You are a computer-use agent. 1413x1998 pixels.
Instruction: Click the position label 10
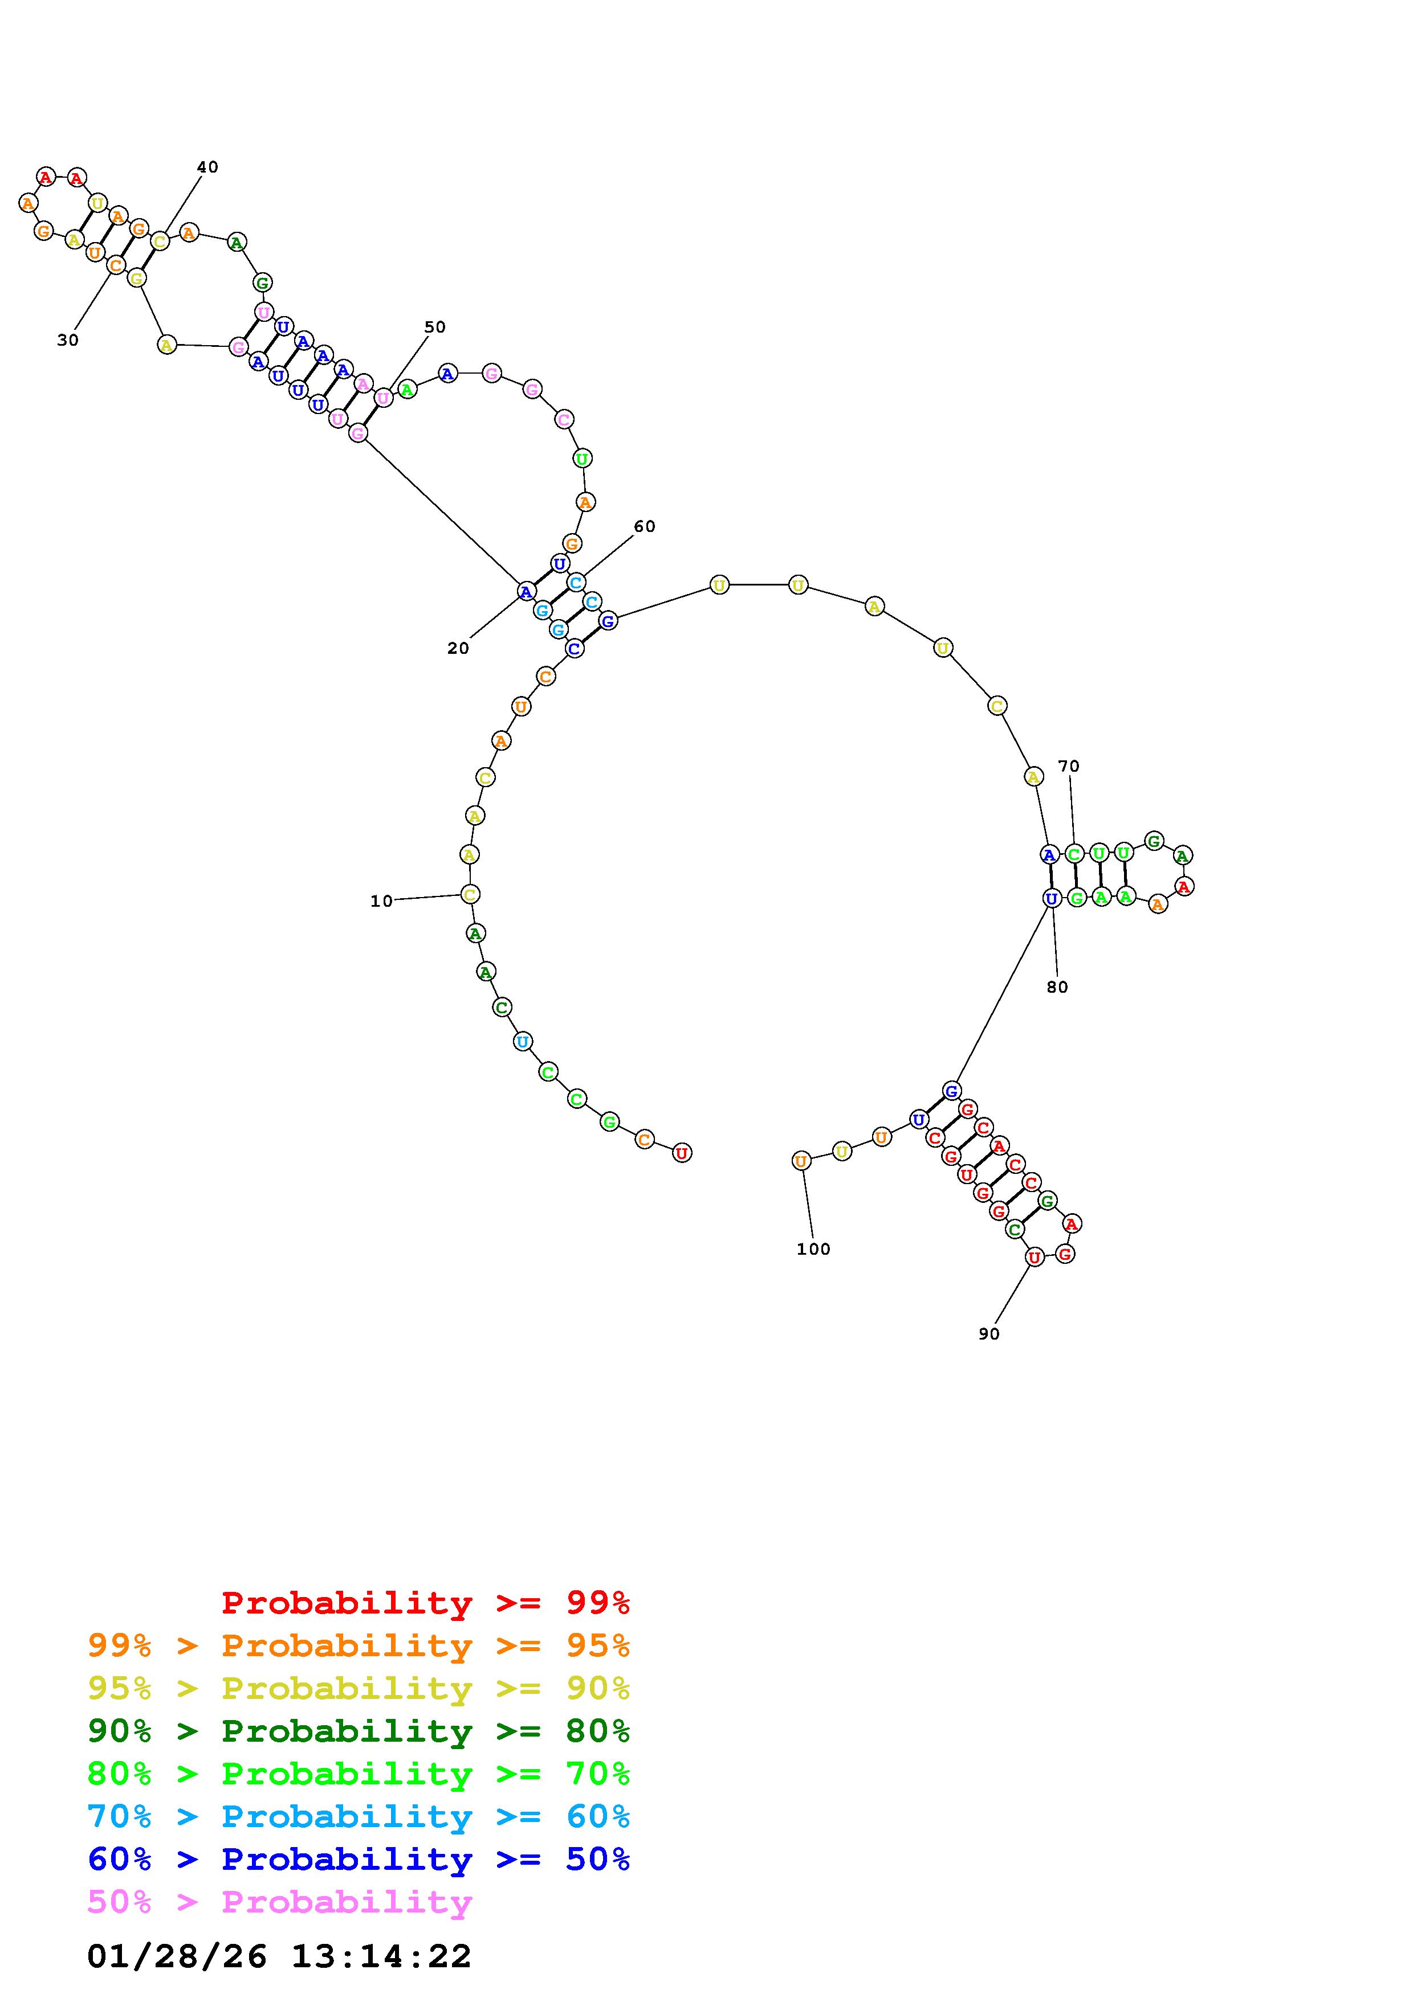click(x=381, y=902)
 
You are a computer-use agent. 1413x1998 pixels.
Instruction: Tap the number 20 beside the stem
click(x=458, y=648)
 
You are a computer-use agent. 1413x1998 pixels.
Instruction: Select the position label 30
click(x=68, y=340)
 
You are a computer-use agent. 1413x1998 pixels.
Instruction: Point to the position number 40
click(x=207, y=167)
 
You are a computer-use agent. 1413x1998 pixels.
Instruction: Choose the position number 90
click(x=989, y=1334)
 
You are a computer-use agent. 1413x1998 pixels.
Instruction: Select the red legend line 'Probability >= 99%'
click(x=426, y=1603)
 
